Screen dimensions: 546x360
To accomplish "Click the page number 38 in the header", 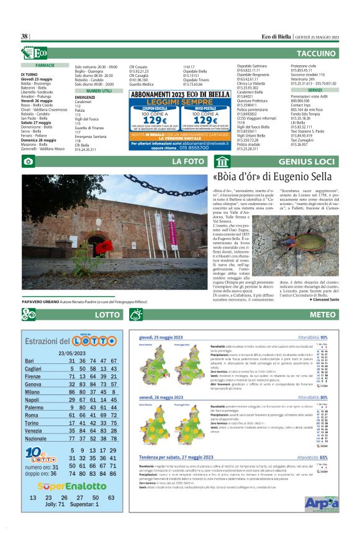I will tap(24, 37).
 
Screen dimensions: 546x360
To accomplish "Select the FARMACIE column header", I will tap(45, 65).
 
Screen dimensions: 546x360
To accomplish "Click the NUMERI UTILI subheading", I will tap(99, 91).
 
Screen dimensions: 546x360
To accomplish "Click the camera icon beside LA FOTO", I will tap(28, 163).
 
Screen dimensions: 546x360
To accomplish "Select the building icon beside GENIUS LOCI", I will tap(222, 163).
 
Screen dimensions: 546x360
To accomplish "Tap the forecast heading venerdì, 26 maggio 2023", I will tap(163, 396).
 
